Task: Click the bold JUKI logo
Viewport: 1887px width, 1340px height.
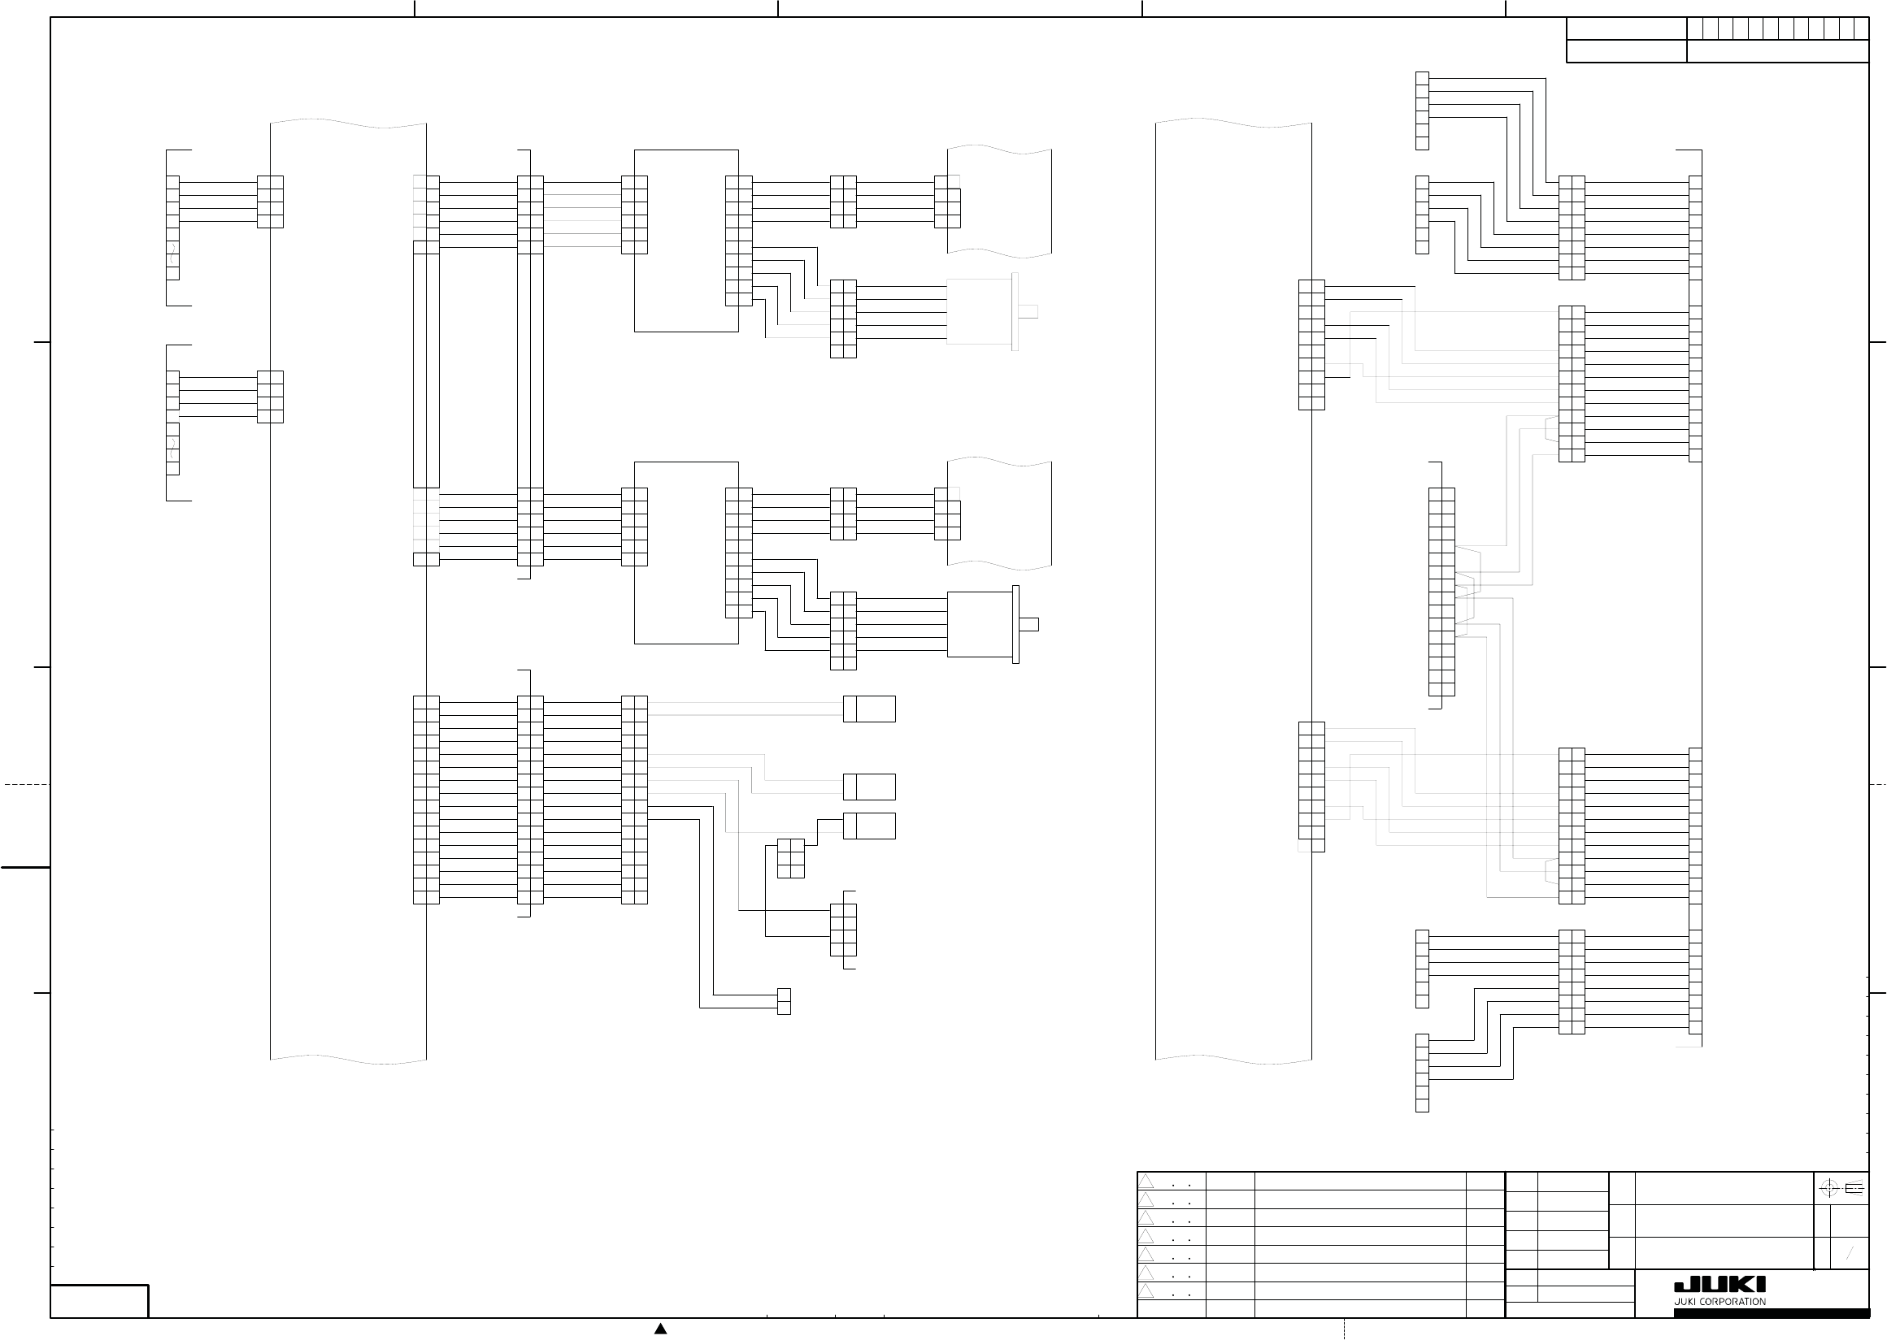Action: point(1720,1284)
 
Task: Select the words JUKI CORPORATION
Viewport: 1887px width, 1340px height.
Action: point(1720,1301)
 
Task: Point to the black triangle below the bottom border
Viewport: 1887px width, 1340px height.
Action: point(660,1329)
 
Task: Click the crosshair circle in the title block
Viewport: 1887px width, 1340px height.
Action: point(1828,1188)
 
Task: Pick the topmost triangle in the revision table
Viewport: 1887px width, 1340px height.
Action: point(1146,1182)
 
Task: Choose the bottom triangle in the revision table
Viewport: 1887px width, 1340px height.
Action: point(1146,1290)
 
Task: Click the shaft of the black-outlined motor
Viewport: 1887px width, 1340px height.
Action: point(1028,624)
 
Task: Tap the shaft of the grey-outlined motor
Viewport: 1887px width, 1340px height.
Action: point(1028,311)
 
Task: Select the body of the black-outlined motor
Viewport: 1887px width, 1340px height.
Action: point(979,624)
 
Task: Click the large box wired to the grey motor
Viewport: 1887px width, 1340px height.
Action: point(686,240)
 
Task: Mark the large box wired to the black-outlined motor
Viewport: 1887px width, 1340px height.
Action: point(686,552)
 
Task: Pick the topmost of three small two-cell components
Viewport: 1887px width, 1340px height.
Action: point(869,709)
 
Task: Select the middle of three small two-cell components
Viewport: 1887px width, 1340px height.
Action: point(869,787)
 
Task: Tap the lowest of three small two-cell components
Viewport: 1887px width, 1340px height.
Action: point(869,826)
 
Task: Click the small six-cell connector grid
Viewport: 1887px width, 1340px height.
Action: point(790,858)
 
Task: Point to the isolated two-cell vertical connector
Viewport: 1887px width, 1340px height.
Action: point(784,1001)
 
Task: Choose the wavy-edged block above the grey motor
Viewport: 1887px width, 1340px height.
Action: point(1000,201)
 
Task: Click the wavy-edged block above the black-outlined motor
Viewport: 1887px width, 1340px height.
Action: point(1000,513)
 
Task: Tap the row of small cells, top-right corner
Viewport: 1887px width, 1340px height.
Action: point(1777,28)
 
